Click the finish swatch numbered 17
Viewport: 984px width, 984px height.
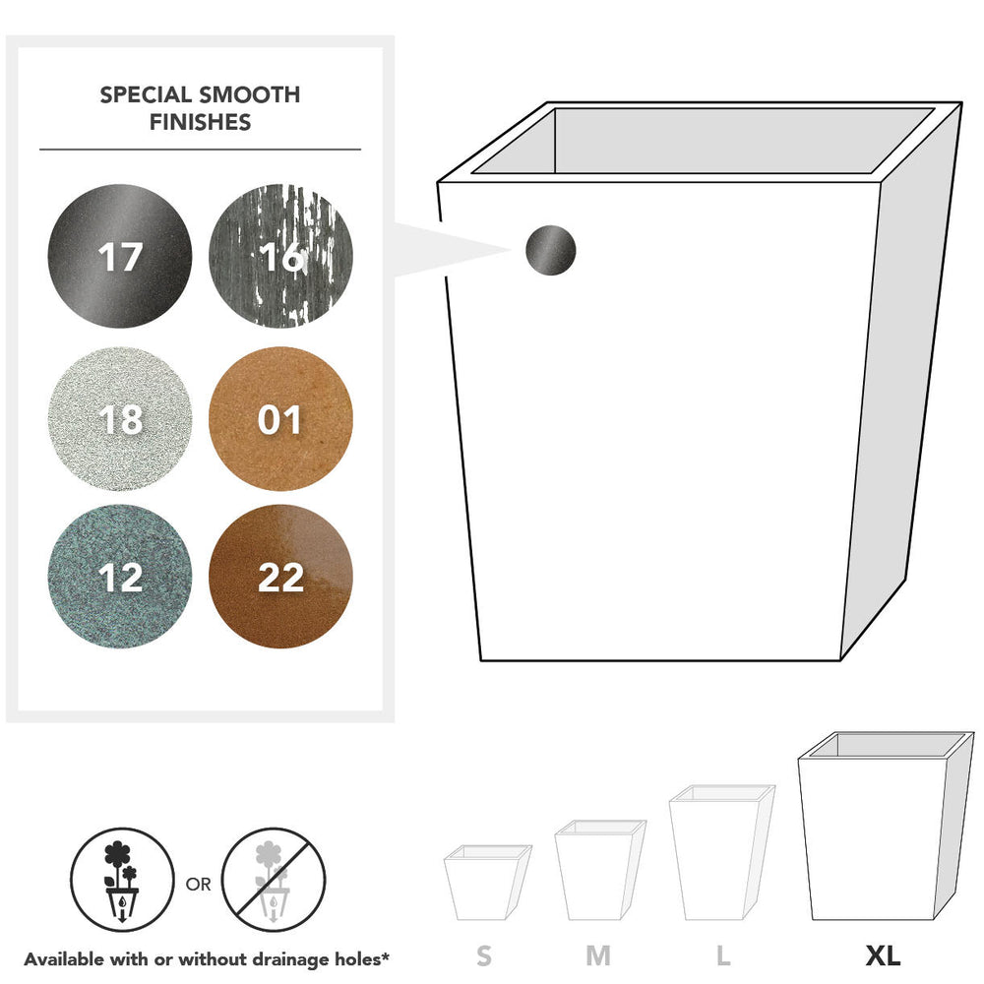120,256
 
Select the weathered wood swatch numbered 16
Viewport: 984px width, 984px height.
280,256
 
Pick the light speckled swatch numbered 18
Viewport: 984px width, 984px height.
120,418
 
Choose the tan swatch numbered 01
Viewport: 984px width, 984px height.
280,418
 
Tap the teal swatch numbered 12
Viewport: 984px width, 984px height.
120,577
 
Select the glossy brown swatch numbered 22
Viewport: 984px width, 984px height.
280,577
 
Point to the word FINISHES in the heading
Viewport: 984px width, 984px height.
200,122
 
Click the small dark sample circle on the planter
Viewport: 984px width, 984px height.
550,250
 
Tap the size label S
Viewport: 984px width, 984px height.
484,955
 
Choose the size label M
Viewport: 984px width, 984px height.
598,955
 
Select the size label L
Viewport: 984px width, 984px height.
723,955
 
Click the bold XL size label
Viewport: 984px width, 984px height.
883,955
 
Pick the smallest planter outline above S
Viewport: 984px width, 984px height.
488,883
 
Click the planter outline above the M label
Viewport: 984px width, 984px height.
600,870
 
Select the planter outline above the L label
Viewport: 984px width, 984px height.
722,852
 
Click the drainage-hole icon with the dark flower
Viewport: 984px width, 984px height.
122,880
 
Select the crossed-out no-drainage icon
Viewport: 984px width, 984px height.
274,880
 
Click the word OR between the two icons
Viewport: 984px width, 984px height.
199,885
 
